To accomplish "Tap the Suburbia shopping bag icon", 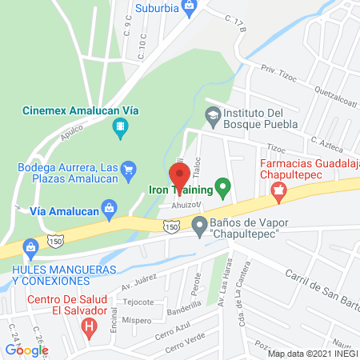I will (190, 9).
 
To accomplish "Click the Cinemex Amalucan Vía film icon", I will (120, 125).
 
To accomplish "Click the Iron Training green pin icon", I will (224, 190).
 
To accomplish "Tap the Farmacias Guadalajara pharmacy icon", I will (278, 190).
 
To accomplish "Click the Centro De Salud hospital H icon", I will (90, 326).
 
